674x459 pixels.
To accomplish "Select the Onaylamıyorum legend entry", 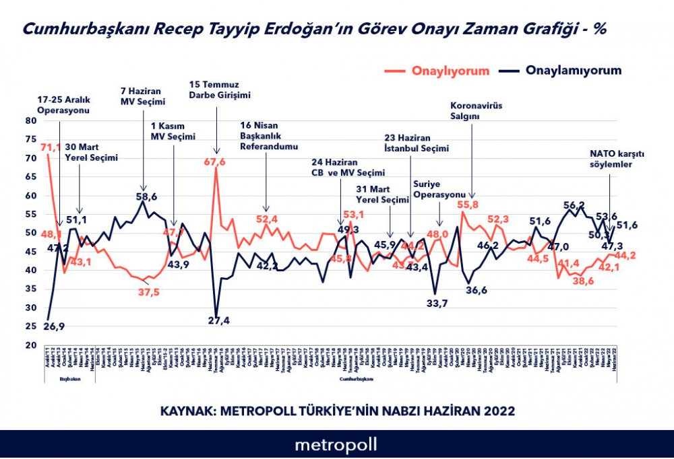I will [x=573, y=71].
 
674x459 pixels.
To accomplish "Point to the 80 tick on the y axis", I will [x=29, y=121].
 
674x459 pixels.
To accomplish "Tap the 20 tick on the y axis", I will [x=29, y=345].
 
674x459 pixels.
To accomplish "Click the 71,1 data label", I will [x=51, y=147].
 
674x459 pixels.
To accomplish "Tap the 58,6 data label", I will [x=146, y=197].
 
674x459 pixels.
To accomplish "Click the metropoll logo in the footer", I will [x=336, y=445].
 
